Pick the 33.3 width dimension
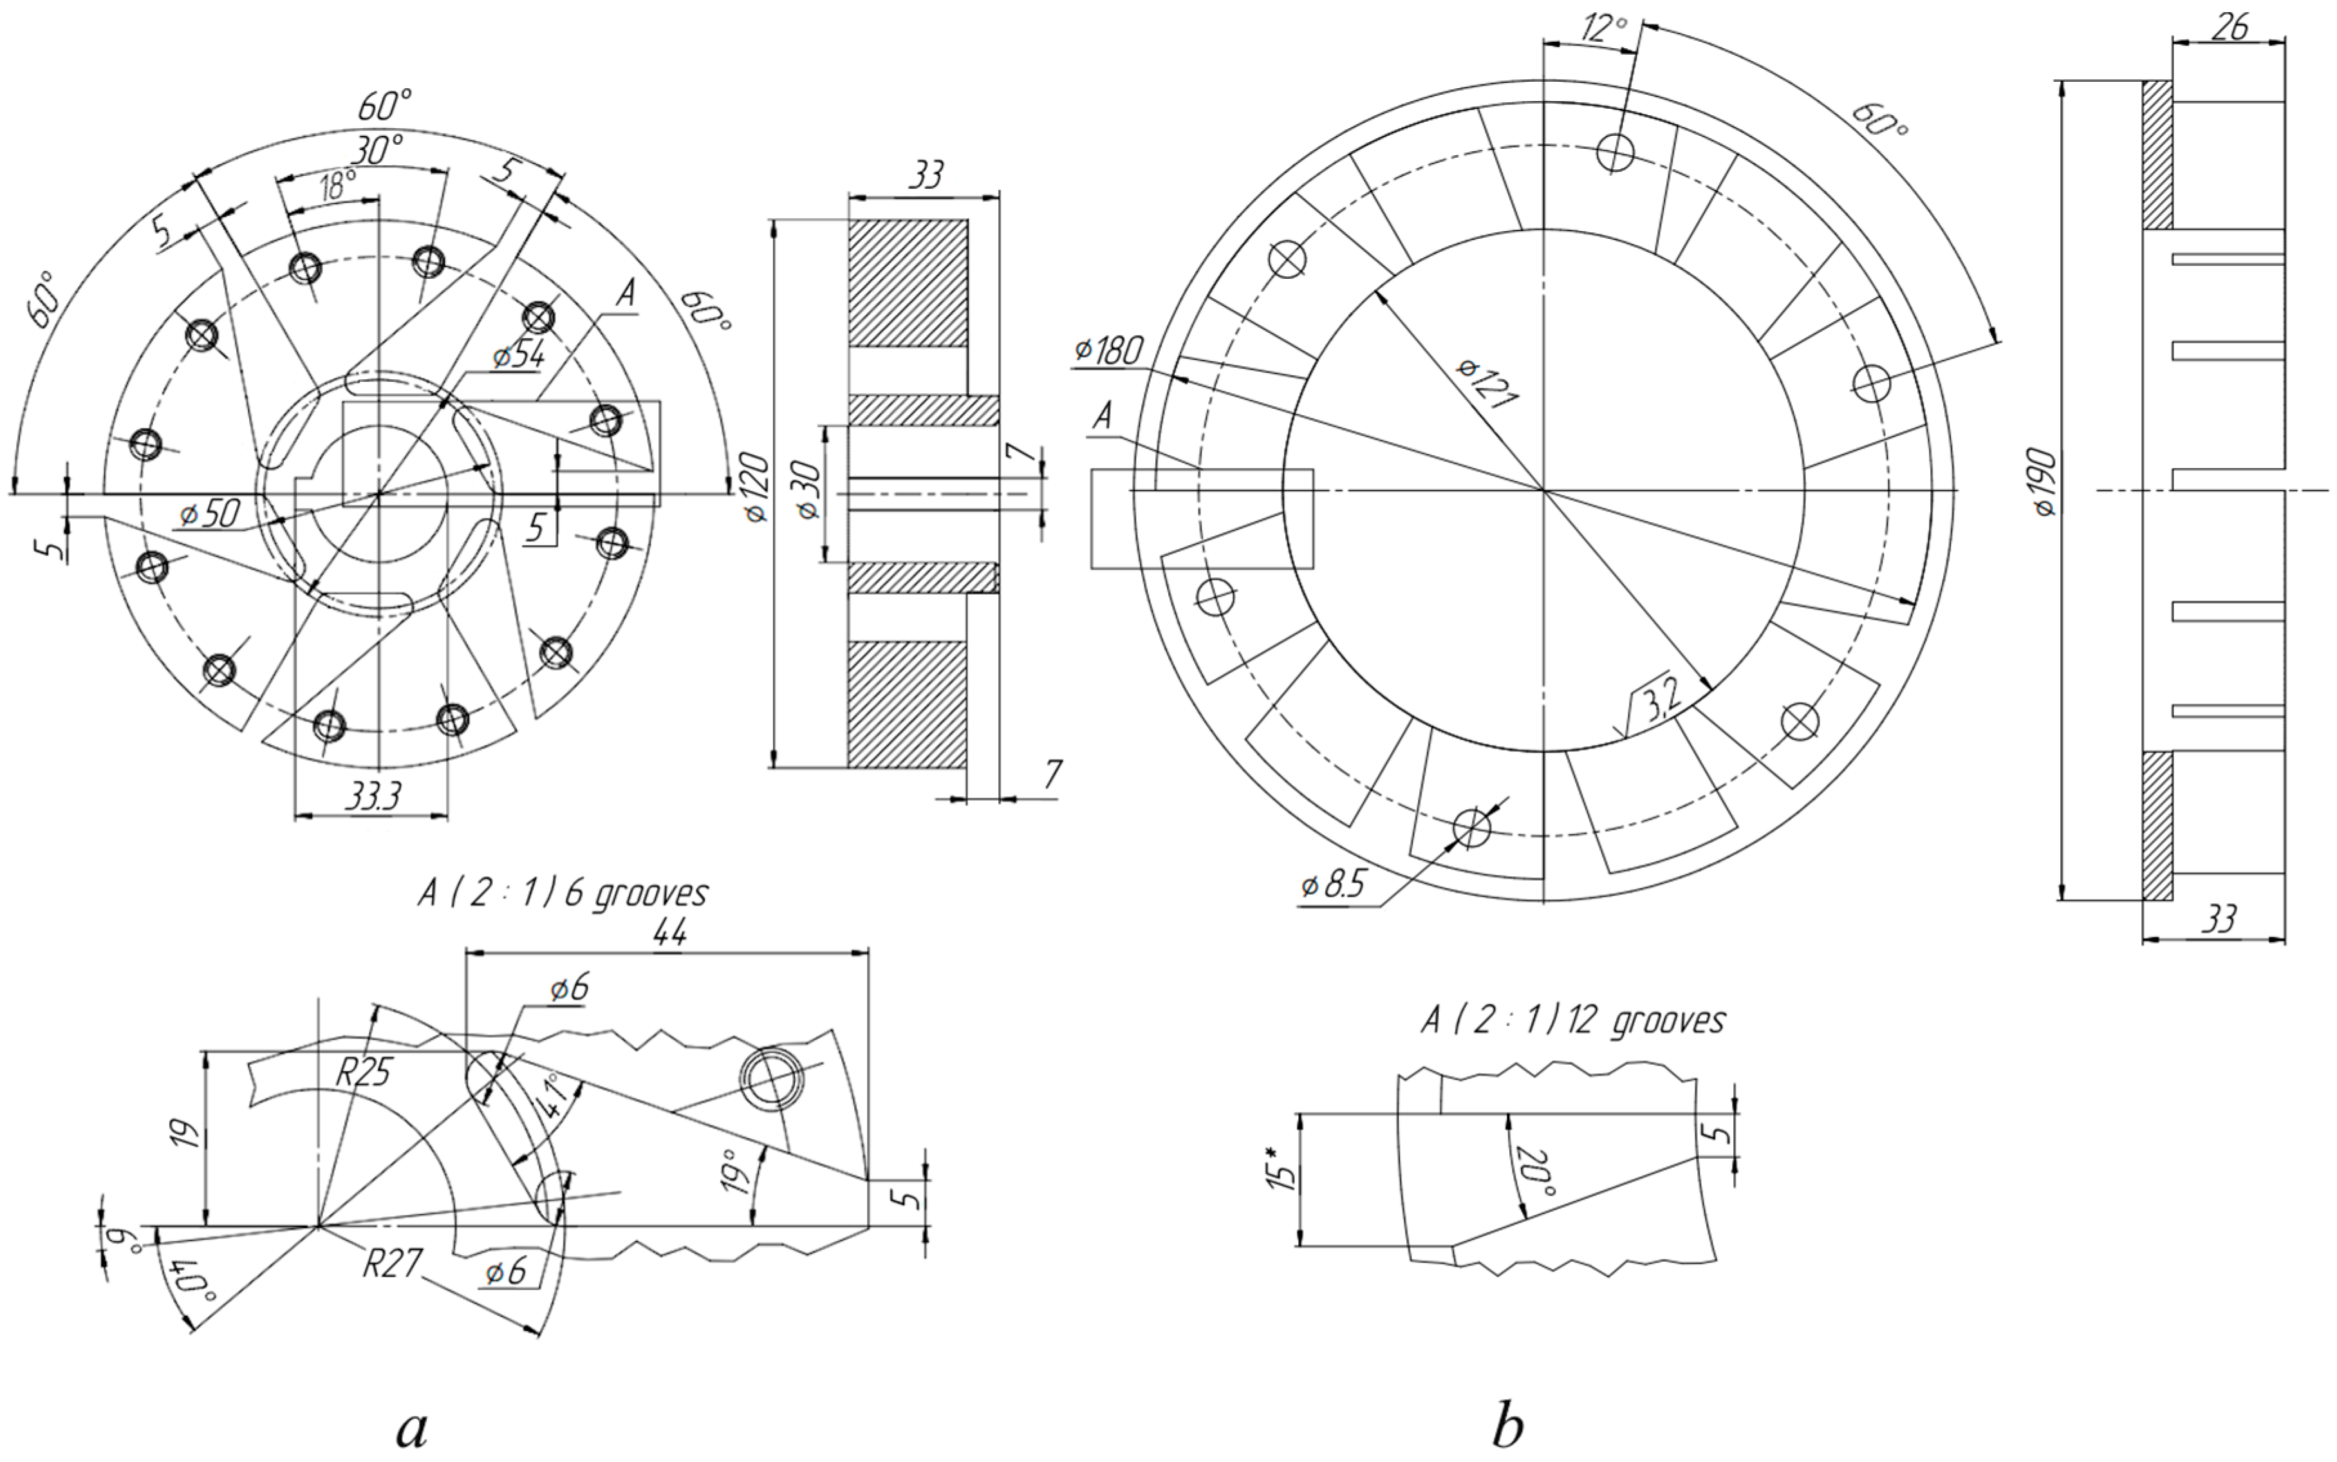coord(371,798)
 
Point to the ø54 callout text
coord(518,357)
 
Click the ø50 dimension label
coord(209,514)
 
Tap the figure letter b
coord(1508,1426)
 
